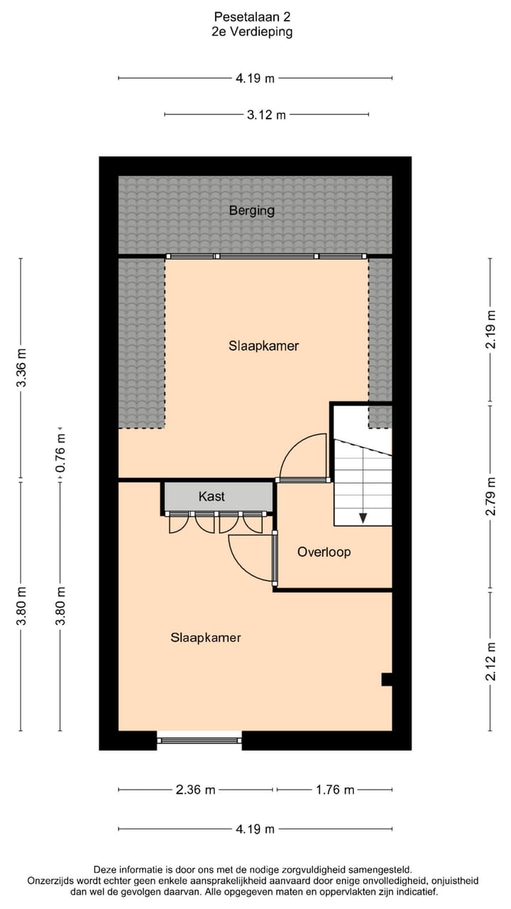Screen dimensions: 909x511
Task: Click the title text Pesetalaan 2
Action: click(253, 16)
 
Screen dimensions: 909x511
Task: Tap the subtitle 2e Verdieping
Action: click(253, 32)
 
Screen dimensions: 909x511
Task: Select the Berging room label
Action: click(251, 210)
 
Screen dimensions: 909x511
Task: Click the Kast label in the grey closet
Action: click(211, 496)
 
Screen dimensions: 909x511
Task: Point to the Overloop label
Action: click(324, 552)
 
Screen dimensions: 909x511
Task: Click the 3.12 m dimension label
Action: click(266, 114)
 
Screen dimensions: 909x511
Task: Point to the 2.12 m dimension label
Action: click(490, 660)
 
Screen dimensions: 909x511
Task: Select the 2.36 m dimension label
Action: click(195, 790)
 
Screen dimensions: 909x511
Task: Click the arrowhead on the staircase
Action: click(363, 517)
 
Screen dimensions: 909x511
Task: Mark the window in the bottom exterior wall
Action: click(199, 740)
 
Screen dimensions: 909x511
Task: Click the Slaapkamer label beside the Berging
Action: click(263, 346)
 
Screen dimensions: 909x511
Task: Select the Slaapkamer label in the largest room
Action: click(205, 638)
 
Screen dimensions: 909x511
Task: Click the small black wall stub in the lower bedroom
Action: click(387, 679)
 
